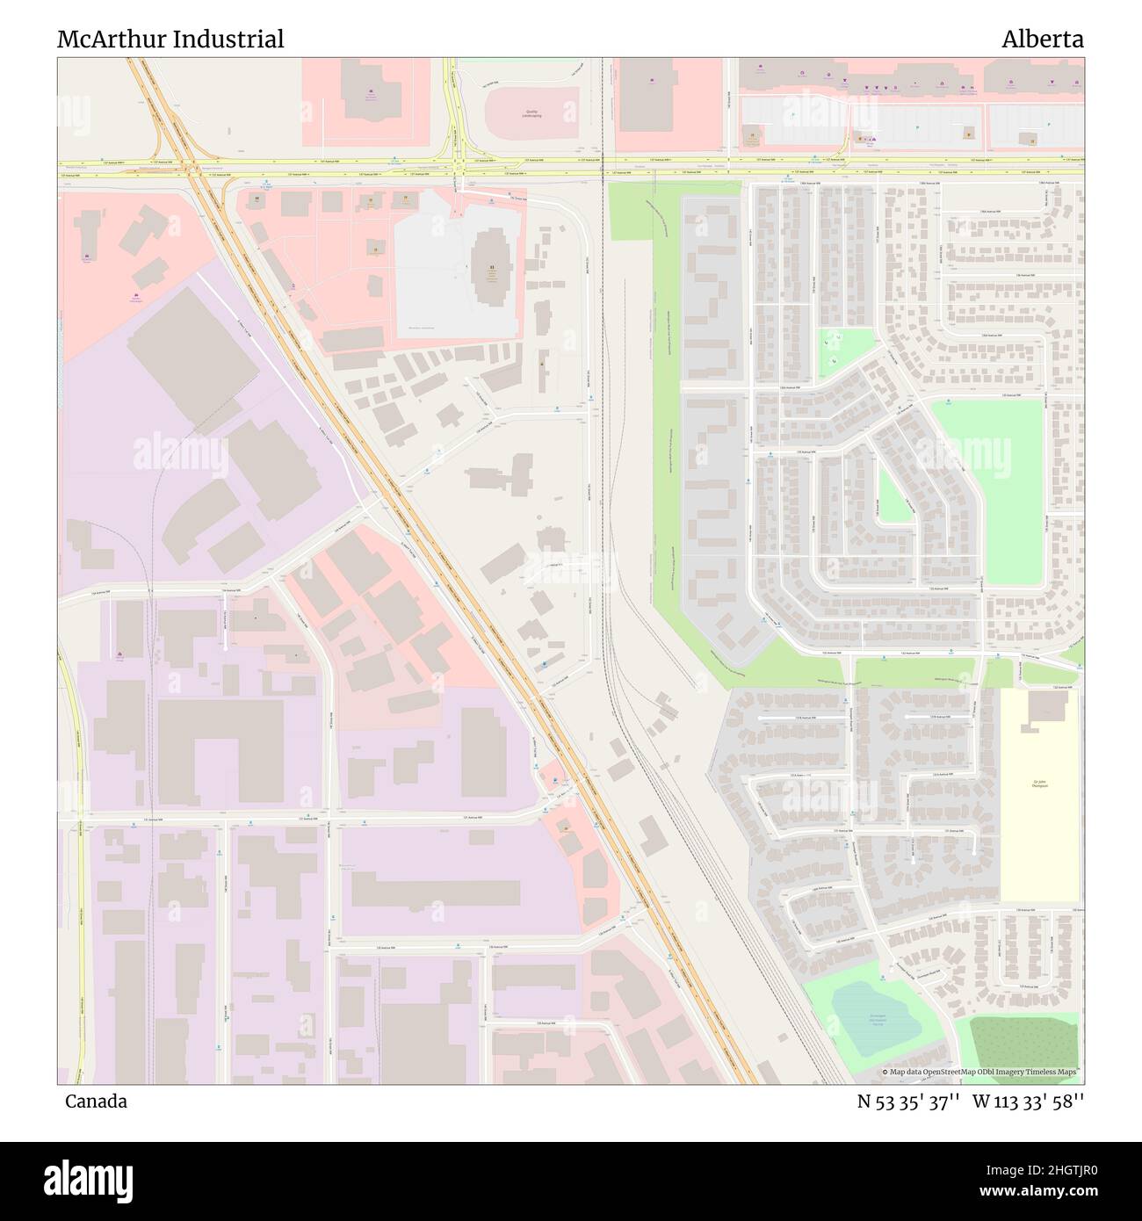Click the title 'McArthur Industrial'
[170, 39]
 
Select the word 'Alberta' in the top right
[1043, 39]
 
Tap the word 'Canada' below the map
[95, 1101]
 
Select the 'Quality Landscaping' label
[531, 114]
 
